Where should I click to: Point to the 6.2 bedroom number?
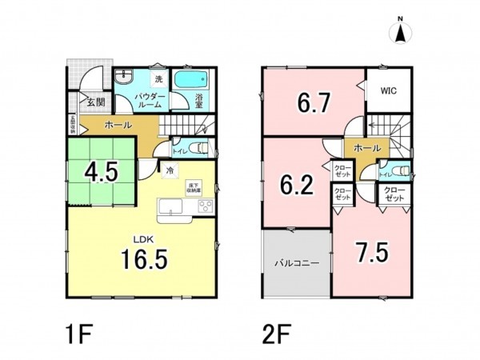295,186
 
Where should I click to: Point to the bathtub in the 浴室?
190,79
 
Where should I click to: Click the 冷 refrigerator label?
170,170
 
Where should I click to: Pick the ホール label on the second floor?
367,148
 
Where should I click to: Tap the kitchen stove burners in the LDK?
203,208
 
